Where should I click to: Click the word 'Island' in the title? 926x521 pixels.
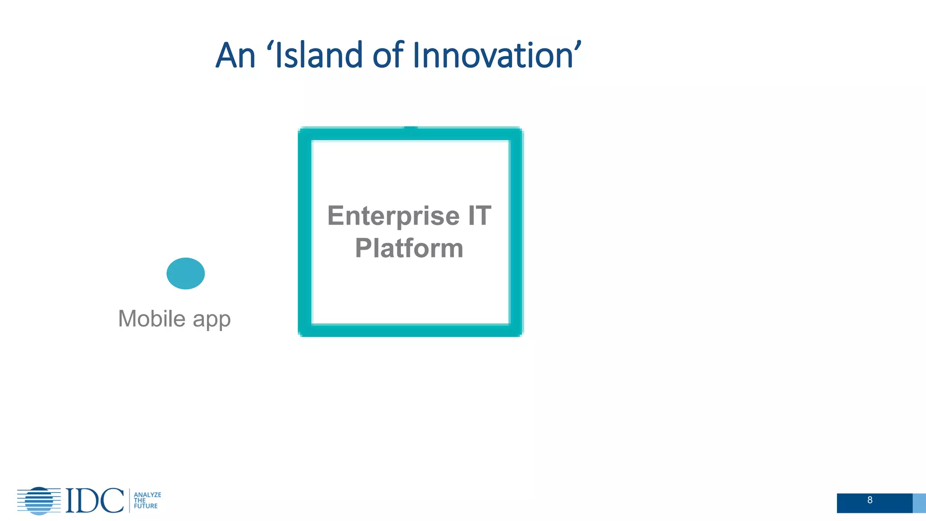pos(318,55)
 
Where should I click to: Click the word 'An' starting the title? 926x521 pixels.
pos(236,55)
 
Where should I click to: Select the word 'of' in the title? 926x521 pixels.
pos(388,55)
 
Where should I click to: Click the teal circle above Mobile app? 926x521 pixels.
pos(185,273)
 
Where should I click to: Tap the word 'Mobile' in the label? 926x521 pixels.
pos(152,319)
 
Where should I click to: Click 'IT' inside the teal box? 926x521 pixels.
pos(480,215)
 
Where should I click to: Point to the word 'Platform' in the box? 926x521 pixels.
pos(409,248)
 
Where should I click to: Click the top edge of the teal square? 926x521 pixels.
pos(411,134)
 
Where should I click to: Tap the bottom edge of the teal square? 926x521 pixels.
pos(411,331)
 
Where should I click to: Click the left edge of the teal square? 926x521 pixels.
pos(305,232)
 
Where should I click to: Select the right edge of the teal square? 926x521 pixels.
pos(516,232)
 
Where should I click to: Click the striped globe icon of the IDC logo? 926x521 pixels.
pos(39,501)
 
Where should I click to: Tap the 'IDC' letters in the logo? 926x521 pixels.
pos(94,501)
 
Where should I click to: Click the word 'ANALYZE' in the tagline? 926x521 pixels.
pos(147,495)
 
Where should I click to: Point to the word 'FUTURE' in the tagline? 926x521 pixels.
pos(146,506)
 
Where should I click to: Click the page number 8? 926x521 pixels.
pos(870,500)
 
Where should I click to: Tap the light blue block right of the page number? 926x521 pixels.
pos(919,503)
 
